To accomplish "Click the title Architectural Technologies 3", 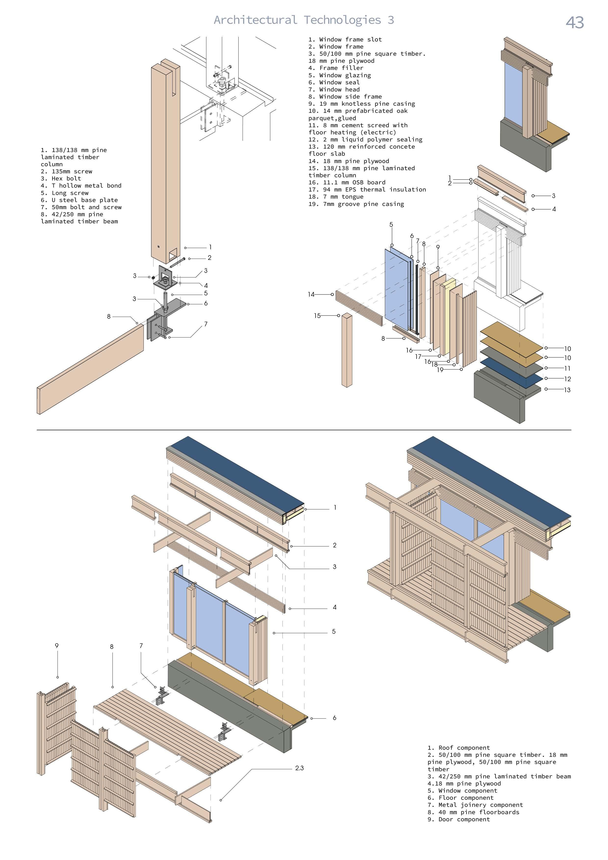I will [x=304, y=20].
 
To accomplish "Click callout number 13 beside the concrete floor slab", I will [x=567, y=390].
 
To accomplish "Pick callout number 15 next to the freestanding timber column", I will [x=317, y=316].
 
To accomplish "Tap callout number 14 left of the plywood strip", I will [x=311, y=294].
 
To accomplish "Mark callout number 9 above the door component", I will [x=57, y=646].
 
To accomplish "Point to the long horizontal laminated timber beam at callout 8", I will [x=90, y=369].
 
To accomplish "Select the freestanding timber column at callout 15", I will [x=347, y=350].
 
